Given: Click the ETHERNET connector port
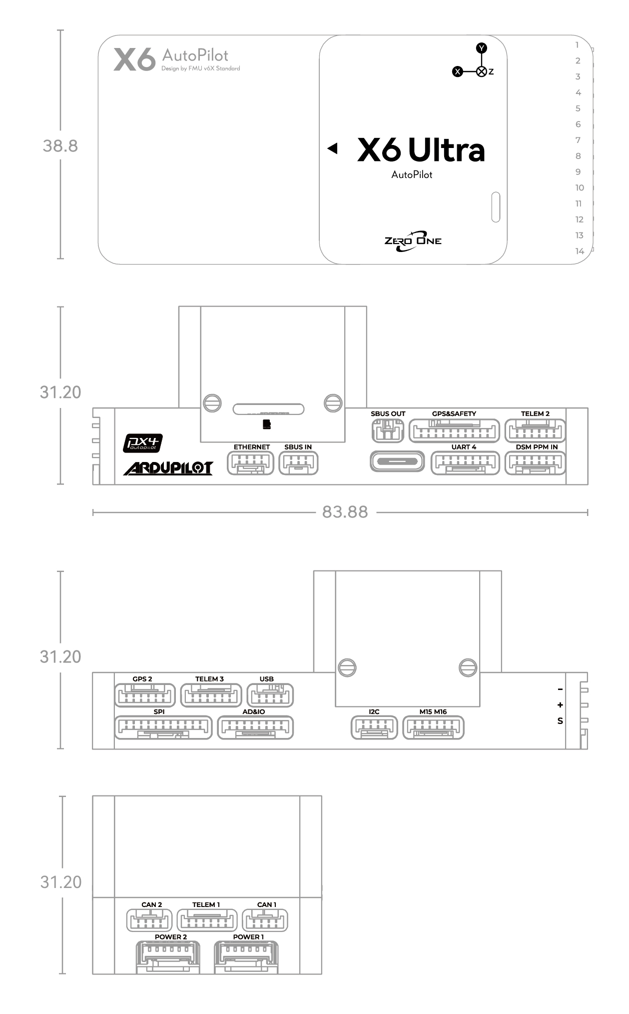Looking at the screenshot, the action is coord(250,463).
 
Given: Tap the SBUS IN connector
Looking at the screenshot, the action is coord(298,463).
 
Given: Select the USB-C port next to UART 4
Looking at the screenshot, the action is coord(397,461).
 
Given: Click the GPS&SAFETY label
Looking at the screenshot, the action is coord(454,413).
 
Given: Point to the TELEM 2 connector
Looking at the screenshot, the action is coord(535,430).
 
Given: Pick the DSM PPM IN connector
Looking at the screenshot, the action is coord(535,463).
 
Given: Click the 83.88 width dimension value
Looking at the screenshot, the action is coord(345,512).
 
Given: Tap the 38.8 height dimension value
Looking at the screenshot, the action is coord(60,146).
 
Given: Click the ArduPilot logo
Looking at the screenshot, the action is coord(168,468).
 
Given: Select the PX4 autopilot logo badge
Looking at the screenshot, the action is coord(143,443).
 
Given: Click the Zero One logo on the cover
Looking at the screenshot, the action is coord(413,241).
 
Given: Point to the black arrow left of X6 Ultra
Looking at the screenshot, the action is coord(333,148).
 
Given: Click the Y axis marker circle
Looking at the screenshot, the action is coord(481,48).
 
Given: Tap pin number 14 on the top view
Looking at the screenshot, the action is coord(580,251).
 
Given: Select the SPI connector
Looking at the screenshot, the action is coord(163,727).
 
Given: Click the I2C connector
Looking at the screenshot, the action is coord(375,727).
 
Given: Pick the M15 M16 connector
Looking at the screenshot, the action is coord(433,727).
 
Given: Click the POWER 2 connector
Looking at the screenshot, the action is coord(169,957).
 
